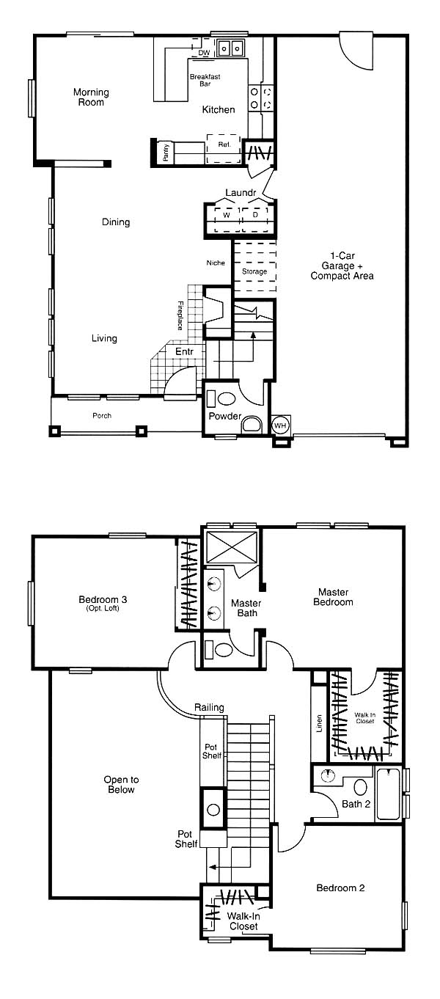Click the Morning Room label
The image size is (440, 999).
point(91,98)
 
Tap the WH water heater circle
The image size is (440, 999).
point(280,425)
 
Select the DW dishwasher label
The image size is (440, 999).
point(204,53)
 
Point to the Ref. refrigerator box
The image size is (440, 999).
point(224,148)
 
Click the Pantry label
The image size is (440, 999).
point(166,152)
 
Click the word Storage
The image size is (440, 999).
point(254,271)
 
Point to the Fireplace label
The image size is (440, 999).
point(180,315)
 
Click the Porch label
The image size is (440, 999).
point(102,416)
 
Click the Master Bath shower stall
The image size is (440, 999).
point(232,546)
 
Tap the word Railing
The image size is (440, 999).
point(209,707)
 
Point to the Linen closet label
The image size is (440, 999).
point(319,723)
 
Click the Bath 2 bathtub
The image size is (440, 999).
point(388,794)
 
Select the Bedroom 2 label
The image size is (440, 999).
point(340,888)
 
